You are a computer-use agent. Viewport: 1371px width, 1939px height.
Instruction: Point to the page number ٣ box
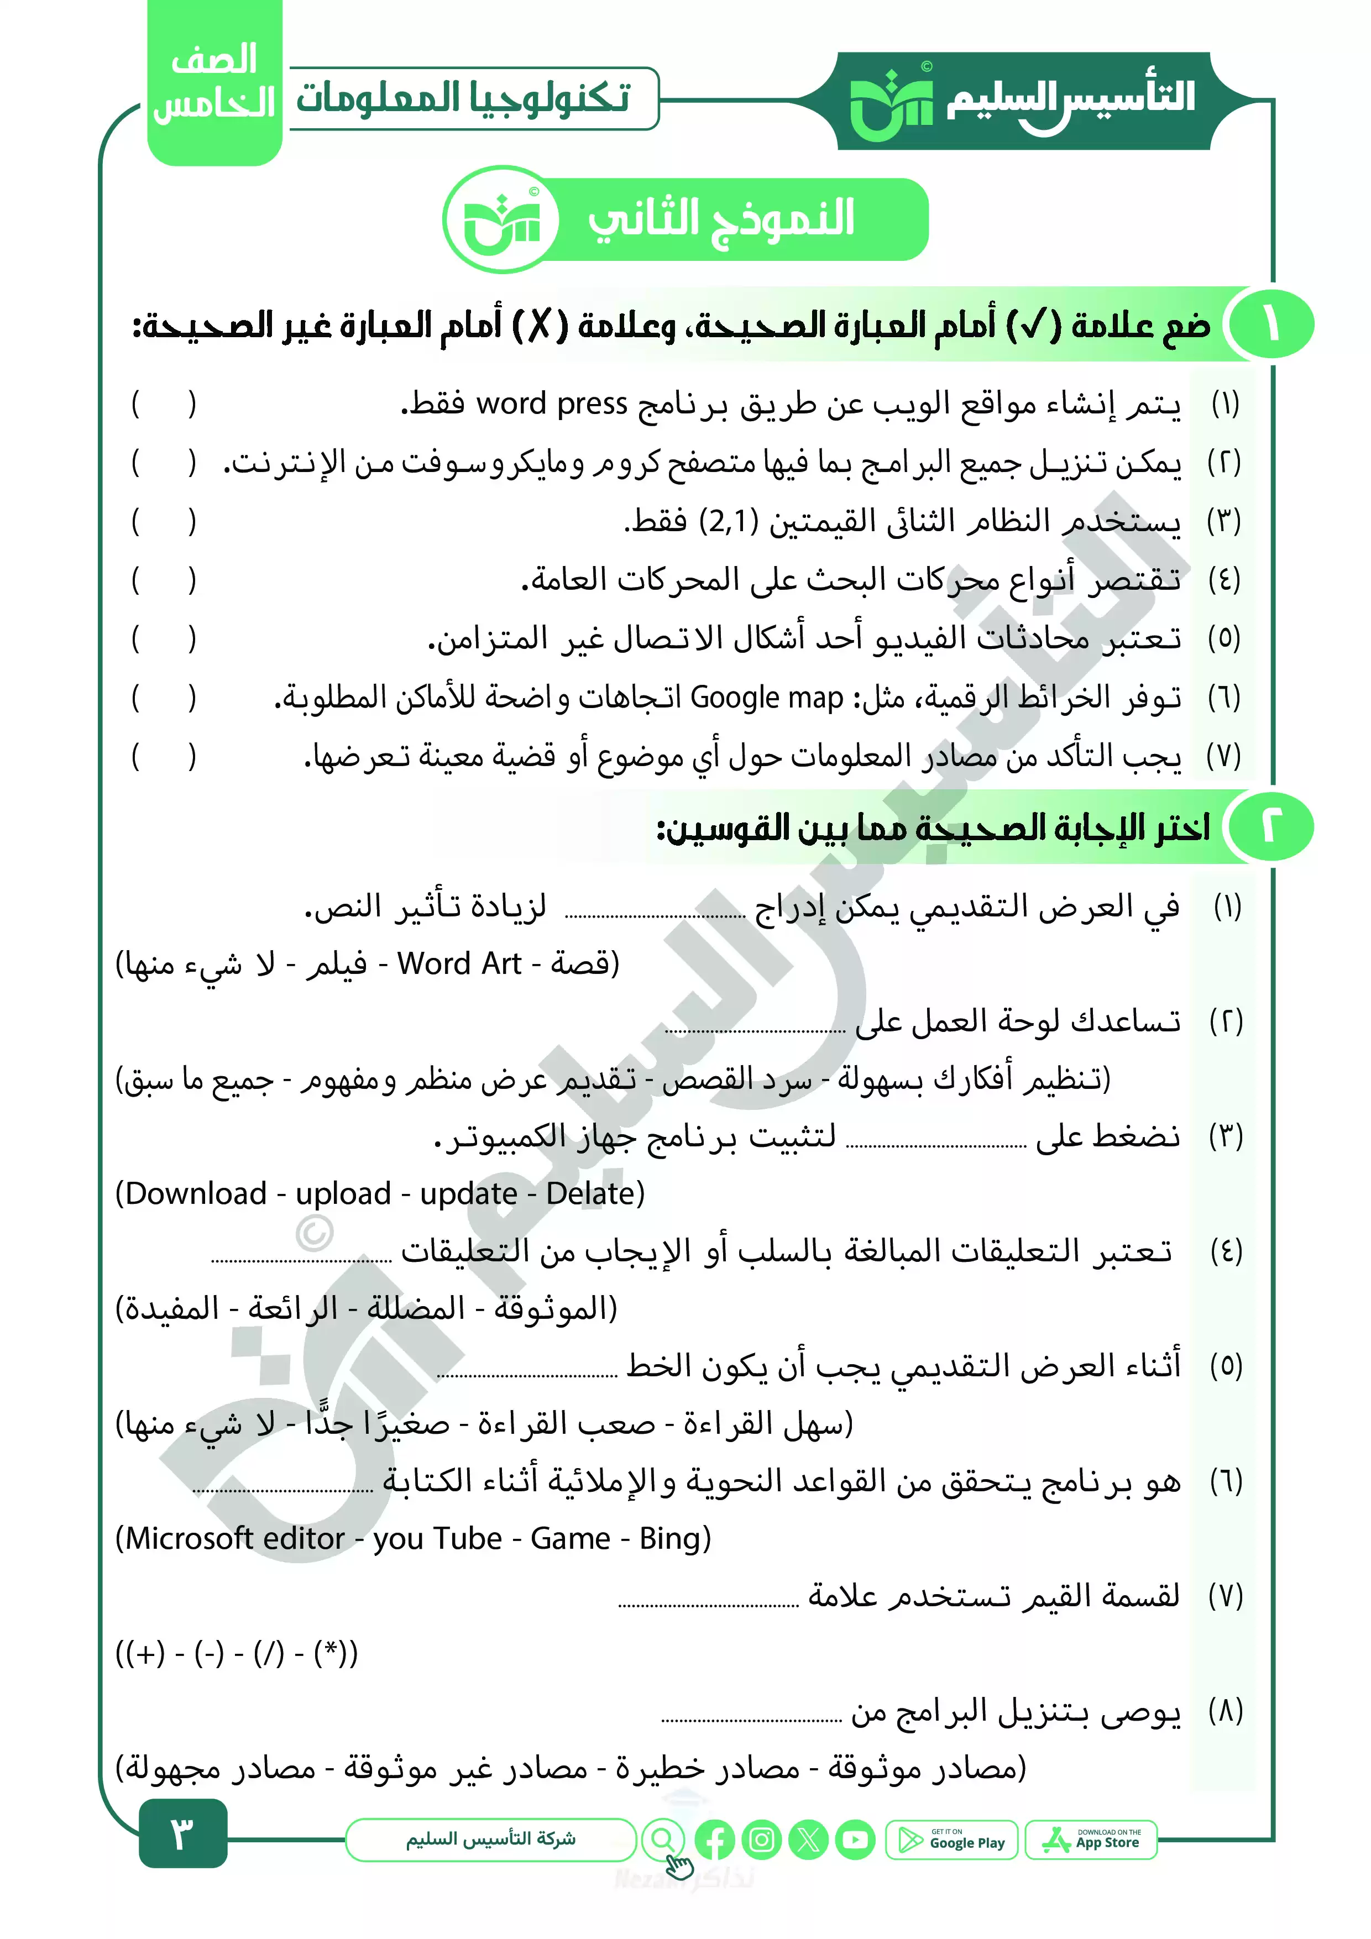tap(182, 1832)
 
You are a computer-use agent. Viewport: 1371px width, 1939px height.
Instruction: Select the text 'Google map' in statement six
tap(766, 698)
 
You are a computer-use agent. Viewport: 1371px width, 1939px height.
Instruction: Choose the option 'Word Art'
tap(459, 963)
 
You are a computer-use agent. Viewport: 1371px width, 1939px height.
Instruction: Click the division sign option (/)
tap(269, 1653)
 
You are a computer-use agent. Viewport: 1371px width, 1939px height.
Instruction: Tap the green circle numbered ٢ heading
tap(1270, 827)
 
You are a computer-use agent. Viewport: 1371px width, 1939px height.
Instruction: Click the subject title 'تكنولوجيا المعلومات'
tap(463, 98)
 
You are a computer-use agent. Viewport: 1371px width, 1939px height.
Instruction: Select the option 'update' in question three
tap(468, 1193)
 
